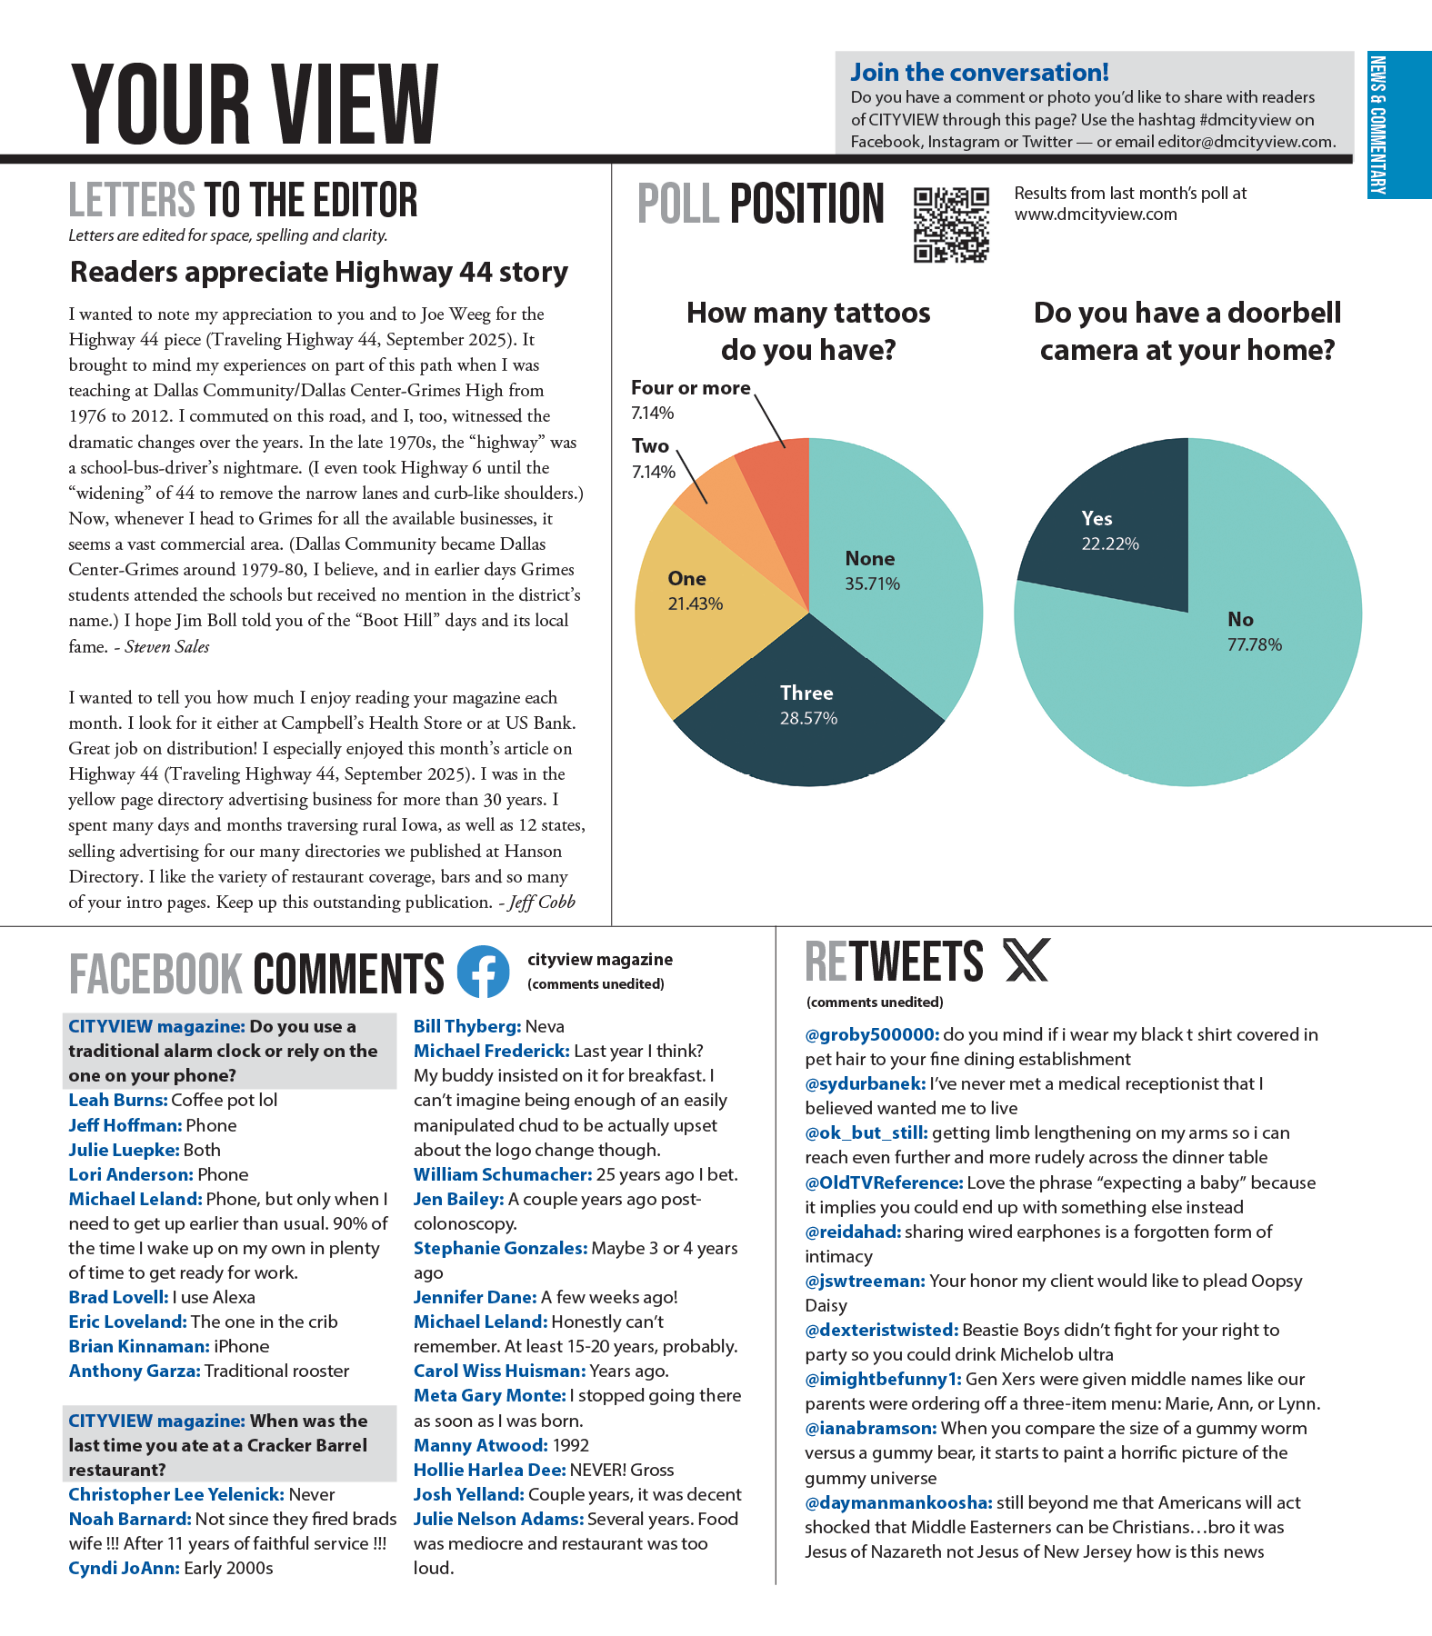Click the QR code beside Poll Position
pos(951,224)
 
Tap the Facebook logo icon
pos(483,972)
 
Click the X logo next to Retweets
pos(1026,960)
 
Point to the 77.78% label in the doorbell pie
pos(1255,645)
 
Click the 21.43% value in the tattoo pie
pos(696,604)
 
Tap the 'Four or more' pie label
pos(691,388)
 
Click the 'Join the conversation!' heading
pos(979,73)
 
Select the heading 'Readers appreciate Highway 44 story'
pos(319,272)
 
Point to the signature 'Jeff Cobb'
pos(542,903)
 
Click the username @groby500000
pos(872,1034)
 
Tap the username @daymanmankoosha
pos(898,1502)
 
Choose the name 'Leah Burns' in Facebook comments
pos(118,1100)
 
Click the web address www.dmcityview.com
pos(1096,214)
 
